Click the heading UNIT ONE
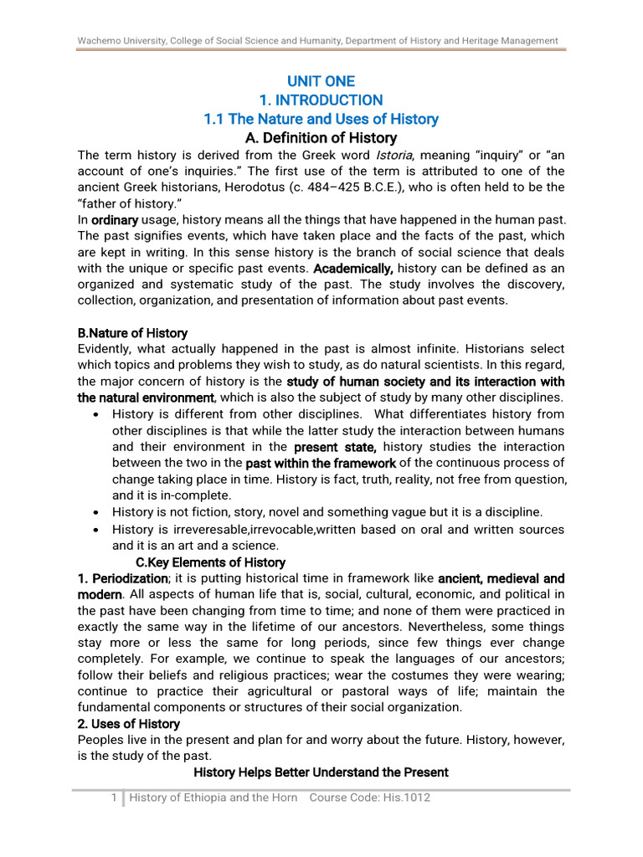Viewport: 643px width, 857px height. point(321,81)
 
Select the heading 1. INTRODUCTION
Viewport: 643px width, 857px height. point(321,100)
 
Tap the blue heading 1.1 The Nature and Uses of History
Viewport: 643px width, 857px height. point(321,119)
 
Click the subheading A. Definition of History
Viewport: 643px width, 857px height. point(321,138)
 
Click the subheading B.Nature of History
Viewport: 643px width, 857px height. point(132,333)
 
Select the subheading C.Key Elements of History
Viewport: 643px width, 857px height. point(210,562)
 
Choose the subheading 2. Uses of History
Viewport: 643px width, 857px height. point(128,723)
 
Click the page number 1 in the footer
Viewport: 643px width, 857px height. point(114,798)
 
